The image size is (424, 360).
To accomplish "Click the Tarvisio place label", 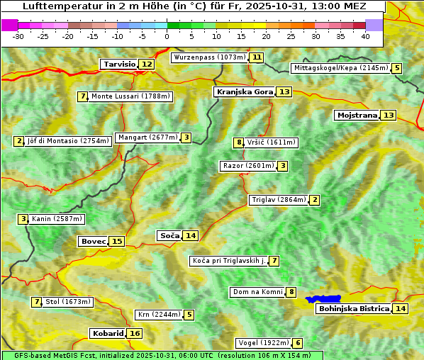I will [118, 64].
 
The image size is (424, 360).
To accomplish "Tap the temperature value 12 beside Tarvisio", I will [146, 64].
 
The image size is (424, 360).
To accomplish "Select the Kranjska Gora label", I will [243, 91].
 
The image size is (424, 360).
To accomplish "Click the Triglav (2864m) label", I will [279, 200].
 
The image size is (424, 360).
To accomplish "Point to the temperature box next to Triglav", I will [314, 200].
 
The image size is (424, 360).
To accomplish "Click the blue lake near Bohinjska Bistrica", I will [324, 299].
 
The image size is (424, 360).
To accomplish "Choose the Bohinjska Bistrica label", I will [353, 308].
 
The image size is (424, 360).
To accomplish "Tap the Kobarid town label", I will [107, 333].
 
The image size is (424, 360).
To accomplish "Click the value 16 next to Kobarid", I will [135, 333].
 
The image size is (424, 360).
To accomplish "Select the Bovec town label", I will [93, 241].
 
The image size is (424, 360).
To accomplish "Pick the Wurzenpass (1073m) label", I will [209, 57].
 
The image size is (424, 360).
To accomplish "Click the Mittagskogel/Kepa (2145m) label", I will [340, 68].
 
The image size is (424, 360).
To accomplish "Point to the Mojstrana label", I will [357, 115].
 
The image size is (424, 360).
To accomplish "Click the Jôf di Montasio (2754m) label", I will [68, 140].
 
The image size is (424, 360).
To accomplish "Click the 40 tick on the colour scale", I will [365, 36].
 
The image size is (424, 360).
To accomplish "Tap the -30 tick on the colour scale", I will [18, 36].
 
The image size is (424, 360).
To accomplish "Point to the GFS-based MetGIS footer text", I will [161, 355].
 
